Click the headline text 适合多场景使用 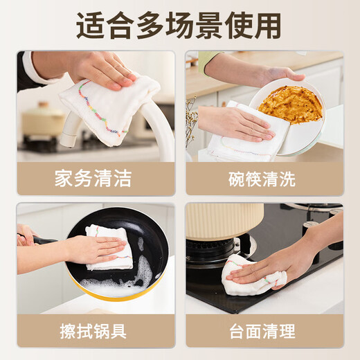179,26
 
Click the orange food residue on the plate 290,104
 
